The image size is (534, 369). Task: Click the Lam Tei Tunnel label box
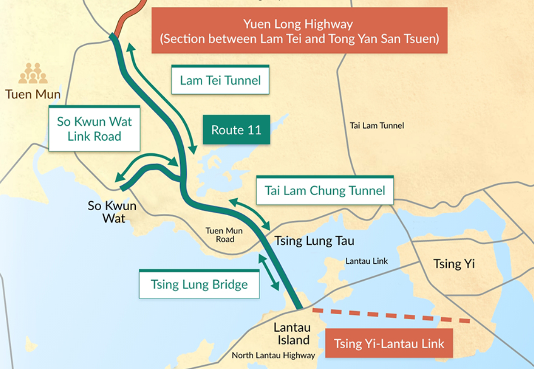[x=220, y=80]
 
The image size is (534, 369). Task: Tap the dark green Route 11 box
[x=236, y=130]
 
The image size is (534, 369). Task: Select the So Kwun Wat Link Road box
[x=94, y=129]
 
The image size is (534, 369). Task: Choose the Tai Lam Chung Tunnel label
[x=324, y=191]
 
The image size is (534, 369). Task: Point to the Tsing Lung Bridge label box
[x=199, y=284]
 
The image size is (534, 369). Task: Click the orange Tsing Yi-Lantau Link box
[x=389, y=344]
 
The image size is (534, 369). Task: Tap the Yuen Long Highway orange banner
[x=299, y=30]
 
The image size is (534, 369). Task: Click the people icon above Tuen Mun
[x=33, y=74]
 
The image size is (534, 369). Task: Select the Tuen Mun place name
[x=33, y=94]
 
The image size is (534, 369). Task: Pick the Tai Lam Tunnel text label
[x=377, y=126]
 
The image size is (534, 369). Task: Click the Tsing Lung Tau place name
[x=314, y=241]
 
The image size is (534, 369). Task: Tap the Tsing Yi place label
[x=453, y=264]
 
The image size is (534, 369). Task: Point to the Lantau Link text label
[x=366, y=261]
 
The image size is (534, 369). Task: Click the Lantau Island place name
[x=292, y=334]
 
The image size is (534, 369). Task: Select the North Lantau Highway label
[x=273, y=356]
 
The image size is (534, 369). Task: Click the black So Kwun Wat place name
[x=112, y=212]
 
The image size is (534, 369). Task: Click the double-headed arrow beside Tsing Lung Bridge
[x=268, y=271]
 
